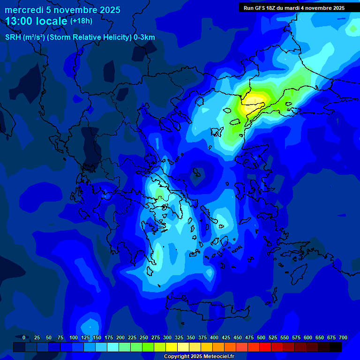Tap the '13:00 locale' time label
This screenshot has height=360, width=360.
(37, 21)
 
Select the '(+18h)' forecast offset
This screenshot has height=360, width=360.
(81, 21)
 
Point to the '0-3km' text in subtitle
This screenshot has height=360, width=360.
(144, 37)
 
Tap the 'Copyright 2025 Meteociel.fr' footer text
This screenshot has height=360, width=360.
(199, 356)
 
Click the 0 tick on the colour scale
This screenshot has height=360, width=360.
(24, 337)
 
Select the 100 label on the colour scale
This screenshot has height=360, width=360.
(73, 337)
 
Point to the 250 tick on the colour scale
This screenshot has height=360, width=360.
(144, 337)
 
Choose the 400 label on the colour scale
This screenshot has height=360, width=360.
(214, 337)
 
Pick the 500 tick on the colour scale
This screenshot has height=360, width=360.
(261, 337)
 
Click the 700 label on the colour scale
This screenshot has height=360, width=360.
(343, 337)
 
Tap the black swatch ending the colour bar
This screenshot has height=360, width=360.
(336, 347)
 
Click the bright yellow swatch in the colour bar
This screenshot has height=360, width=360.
(172, 347)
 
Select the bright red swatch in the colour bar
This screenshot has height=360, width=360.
(265, 347)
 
